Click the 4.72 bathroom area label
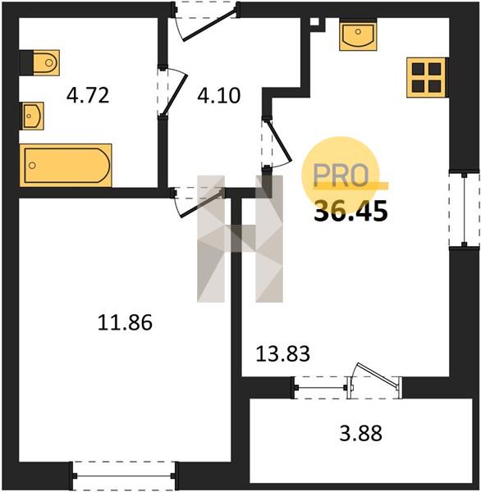pyautogui.click(x=88, y=95)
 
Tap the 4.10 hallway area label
pyautogui.click(x=219, y=95)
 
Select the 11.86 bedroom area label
pyautogui.click(x=125, y=322)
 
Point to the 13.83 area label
pyautogui.click(x=283, y=353)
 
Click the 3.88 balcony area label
pyautogui.click(x=361, y=433)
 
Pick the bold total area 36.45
pyautogui.click(x=351, y=211)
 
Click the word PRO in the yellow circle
pyautogui.click(x=341, y=175)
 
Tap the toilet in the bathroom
pyautogui.click(x=40, y=63)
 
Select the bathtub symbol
pyautogui.click(x=66, y=166)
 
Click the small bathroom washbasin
pyautogui.click(x=32, y=116)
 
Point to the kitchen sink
pyautogui.click(x=358, y=34)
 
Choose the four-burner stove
pyautogui.click(x=426, y=78)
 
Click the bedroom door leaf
pyautogui.click(x=202, y=203)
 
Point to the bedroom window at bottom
pyautogui.click(x=124, y=476)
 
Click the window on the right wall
pyautogui.click(x=465, y=209)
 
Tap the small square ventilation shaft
pyautogui.click(x=314, y=21)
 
